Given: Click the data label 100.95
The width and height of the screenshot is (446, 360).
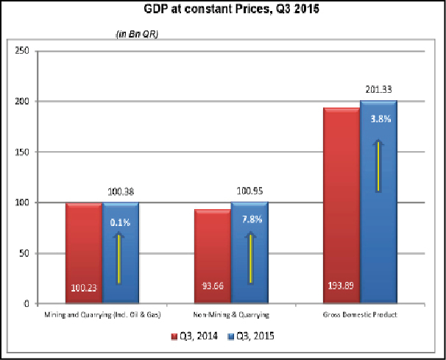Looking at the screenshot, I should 249,191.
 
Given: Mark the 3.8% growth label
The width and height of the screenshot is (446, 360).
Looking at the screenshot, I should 378,119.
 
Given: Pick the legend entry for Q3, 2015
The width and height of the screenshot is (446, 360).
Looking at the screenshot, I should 254,337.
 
